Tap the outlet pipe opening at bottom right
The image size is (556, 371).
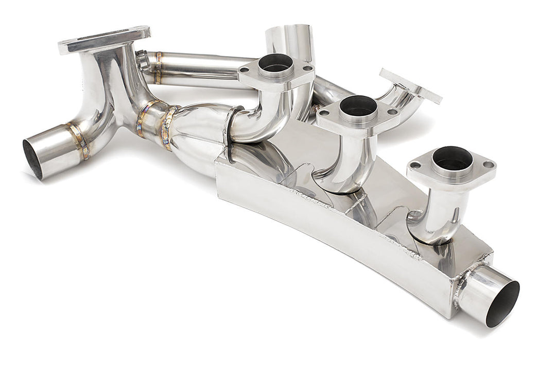tap(502, 305)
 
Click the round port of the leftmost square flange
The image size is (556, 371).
tap(275, 63)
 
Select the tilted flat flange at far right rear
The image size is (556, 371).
tap(410, 86)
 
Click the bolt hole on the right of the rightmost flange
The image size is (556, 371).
tap(488, 165)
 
